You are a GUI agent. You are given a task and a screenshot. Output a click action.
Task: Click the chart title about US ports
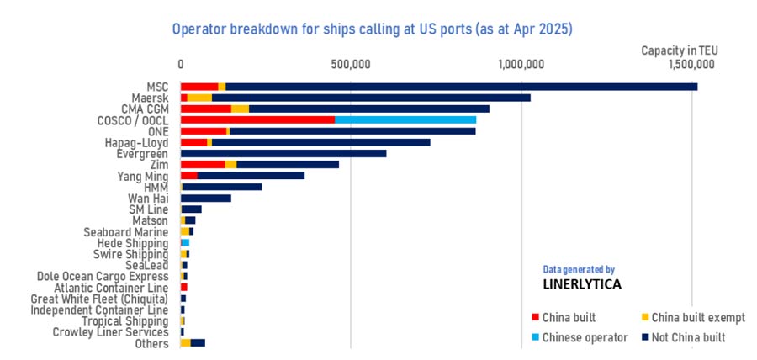pyautogui.click(x=373, y=29)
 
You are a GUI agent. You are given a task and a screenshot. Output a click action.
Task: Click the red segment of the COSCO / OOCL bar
pyautogui.click(x=257, y=120)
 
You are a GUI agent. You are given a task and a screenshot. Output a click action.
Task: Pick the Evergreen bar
pyautogui.click(x=283, y=153)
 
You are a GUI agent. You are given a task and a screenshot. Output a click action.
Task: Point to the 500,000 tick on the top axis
pyautogui.click(x=351, y=64)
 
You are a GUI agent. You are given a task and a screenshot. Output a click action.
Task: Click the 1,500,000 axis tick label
pyautogui.click(x=691, y=64)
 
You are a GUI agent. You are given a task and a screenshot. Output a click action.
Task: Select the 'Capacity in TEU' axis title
pyautogui.click(x=679, y=50)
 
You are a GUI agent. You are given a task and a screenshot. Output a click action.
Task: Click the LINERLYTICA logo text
pyautogui.click(x=582, y=284)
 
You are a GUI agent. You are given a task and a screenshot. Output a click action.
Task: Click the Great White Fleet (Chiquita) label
pyautogui.click(x=99, y=298)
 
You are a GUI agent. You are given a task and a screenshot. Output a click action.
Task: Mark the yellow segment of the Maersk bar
pyautogui.click(x=199, y=98)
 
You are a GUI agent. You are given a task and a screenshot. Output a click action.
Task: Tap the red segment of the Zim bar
pyautogui.click(x=203, y=164)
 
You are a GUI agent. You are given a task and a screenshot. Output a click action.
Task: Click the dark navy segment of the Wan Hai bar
pyautogui.click(x=206, y=198)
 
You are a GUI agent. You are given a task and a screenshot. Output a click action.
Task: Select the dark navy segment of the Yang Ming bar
pyautogui.click(x=251, y=175)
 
